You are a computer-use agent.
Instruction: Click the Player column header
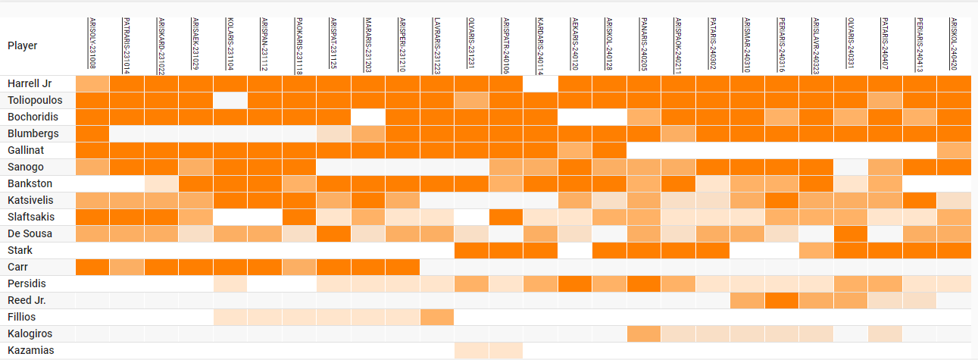(x=23, y=45)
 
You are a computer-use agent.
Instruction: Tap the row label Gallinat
(x=26, y=150)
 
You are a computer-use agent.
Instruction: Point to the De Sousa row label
(x=30, y=233)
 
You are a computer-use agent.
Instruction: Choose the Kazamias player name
(x=30, y=350)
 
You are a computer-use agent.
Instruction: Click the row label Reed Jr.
(x=27, y=300)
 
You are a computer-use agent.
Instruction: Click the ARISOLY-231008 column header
(x=92, y=44)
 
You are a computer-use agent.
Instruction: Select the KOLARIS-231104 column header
(x=230, y=44)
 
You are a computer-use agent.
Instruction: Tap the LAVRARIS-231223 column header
(x=436, y=44)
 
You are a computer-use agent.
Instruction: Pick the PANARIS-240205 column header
(x=643, y=44)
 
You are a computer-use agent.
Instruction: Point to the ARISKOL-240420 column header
(x=953, y=44)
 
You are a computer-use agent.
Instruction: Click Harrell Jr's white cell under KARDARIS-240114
(x=540, y=83)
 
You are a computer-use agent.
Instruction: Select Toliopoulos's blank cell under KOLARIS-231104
(x=230, y=100)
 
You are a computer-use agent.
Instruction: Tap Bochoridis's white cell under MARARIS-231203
(x=368, y=117)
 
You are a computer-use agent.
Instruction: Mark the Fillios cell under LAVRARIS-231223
(x=437, y=317)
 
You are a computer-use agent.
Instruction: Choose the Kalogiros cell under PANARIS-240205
(x=644, y=333)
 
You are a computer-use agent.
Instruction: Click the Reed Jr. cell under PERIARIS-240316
(x=782, y=300)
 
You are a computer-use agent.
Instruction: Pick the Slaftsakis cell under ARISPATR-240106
(x=506, y=217)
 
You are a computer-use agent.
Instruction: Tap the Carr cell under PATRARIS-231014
(x=127, y=267)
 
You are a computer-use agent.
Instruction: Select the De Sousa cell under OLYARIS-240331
(x=851, y=233)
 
